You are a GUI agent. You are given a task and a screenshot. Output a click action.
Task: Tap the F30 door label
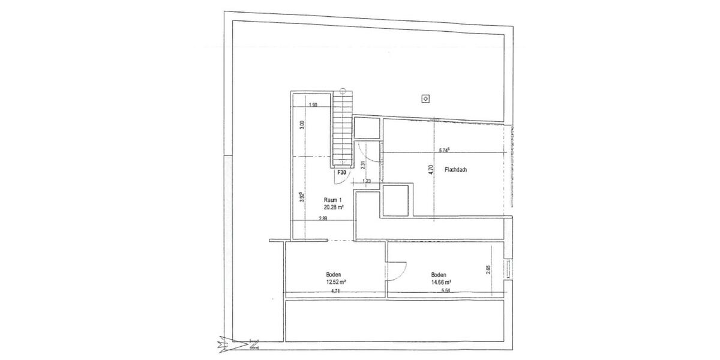coord(341,172)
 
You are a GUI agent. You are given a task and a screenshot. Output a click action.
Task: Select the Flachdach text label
coord(455,170)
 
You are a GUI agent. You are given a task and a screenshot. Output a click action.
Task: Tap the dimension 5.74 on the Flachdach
coord(446,151)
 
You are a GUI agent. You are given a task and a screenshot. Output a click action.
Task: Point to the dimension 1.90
coord(312,106)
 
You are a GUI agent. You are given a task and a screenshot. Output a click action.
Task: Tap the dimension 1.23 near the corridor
coord(367,181)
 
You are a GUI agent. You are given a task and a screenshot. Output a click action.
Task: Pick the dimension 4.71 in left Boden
coord(335,290)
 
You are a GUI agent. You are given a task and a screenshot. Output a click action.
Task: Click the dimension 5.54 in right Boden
coord(445,290)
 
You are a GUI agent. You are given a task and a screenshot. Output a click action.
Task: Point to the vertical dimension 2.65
coord(489,270)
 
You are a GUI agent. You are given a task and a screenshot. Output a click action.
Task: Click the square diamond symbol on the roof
coord(426,99)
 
